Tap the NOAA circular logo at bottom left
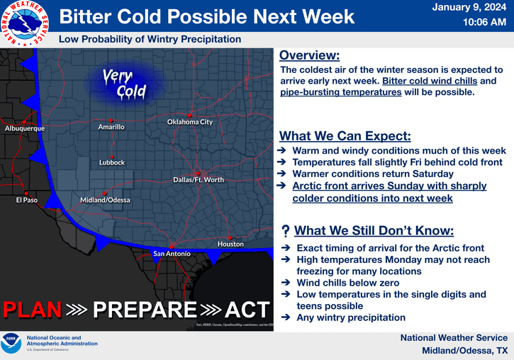[12, 343]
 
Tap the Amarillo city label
[111, 127]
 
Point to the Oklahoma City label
[189, 122]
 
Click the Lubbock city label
[112, 162]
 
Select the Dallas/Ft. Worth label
[199, 179]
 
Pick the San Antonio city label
[171, 253]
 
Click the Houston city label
[230, 244]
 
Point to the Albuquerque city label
[25, 128]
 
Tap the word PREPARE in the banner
[145, 310]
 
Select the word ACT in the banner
[247, 310]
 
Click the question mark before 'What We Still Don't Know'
[284, 230]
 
